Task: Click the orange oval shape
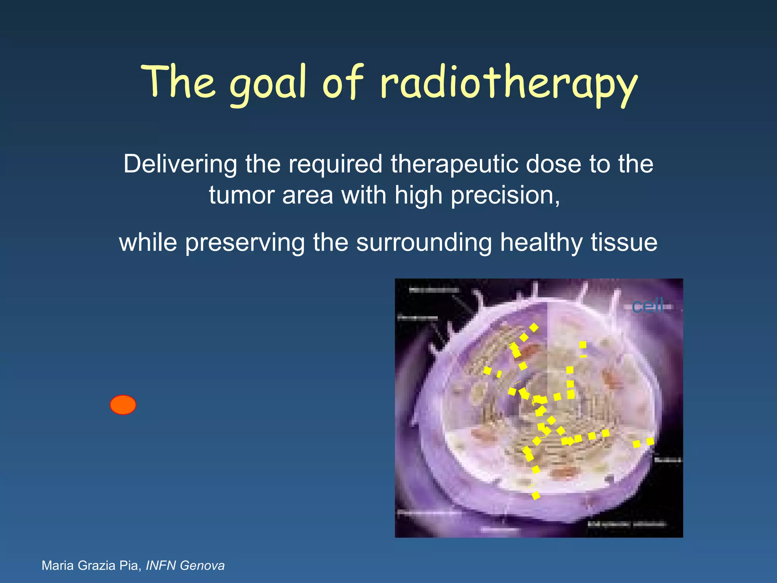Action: (123, 405)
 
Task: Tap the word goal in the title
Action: (268, 84)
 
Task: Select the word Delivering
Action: (180, 165)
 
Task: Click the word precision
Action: (505, 196)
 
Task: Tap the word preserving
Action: (245, 243)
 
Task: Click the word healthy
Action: (541, 243)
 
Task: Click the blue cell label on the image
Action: (648, 306)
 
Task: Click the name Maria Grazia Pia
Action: (91, 566)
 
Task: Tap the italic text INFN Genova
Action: (185, 566)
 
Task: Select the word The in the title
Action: (178, 82)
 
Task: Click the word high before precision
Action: (418, 196)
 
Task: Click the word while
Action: (148, 243)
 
